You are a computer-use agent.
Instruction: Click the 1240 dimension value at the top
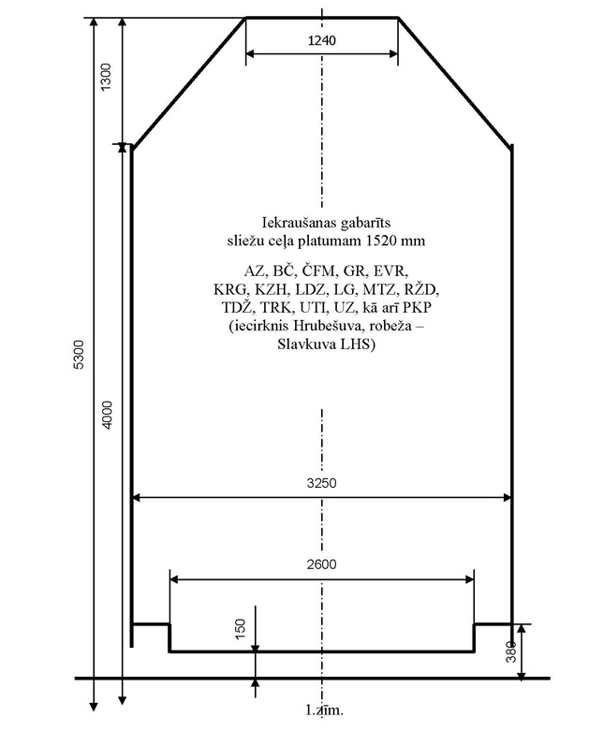click(x=322, y=40)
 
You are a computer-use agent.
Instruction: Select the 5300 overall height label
click(x=79, y=354)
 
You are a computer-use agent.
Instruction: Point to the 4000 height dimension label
click(x=108, y=415)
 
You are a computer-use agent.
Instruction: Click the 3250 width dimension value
click(x=321, y=483)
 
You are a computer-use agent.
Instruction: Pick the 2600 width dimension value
click(x=321, y=564)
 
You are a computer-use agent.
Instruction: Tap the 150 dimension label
click(x=241, y=629)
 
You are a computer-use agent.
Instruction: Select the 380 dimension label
click(x=511, y=652)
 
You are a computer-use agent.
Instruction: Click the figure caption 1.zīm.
click(x=324, y=710)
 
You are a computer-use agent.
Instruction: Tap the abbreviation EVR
click(x=390, y=271)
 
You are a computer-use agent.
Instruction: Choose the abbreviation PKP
click(x=418, y=308)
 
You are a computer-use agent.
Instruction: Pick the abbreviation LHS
click(x=358, y=344)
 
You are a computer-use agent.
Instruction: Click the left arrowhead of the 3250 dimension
click(x=137, y=498)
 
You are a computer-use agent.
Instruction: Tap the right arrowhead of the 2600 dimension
click(x=469, y=579)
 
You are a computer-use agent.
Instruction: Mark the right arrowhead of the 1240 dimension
click(x=393, y=54)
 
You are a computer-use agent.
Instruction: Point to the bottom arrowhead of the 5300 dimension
click(x=94, y=706)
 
